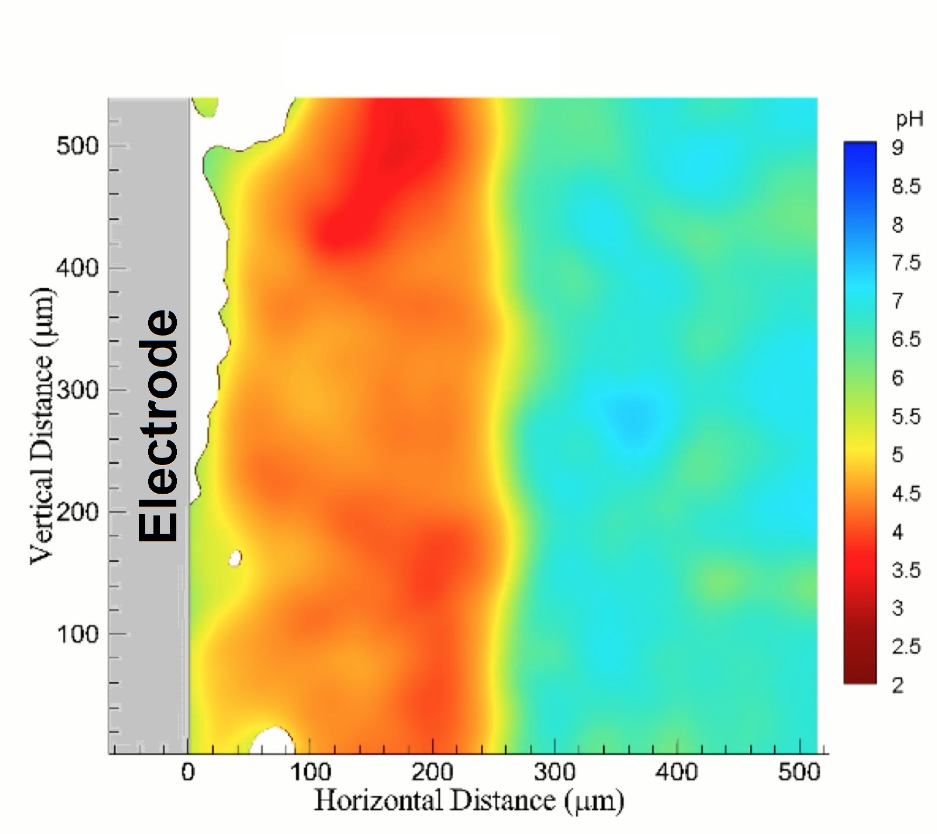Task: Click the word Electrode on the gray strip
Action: click(158, 426)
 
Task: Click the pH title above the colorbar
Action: click(909, 120)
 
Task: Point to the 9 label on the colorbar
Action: click(898, 148)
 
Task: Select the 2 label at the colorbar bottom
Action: click(898, 685)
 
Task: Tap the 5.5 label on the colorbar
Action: click(906, 416)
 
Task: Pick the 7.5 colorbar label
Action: click(906, 263)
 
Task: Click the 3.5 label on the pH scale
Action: click(906, 570)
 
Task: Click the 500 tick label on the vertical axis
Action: click(77, 146)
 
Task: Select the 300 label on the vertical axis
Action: click(77, 390)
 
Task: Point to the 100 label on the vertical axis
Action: click(77, 634)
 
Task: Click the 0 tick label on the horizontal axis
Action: click(188, 773)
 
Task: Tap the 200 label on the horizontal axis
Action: click(432, 773)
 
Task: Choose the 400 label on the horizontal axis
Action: click(676, 773)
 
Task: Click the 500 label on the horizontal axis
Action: click(799, 773)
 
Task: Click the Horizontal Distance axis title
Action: click(468, 801)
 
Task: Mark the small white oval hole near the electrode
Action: click(235, 558)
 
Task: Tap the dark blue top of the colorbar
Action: click(860, 151)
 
